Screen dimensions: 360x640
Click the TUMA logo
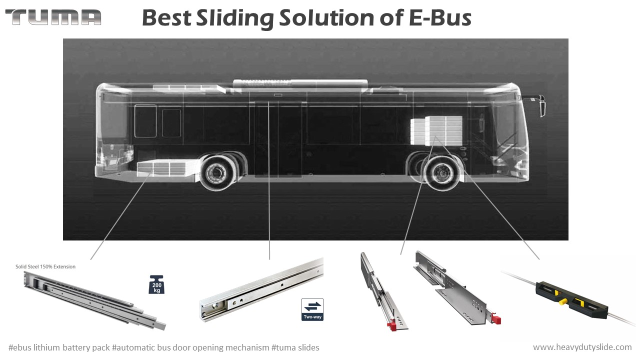[x=53, y=17]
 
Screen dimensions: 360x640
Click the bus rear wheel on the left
[x=218, y=172]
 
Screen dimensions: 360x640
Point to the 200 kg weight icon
[x=156, y=284]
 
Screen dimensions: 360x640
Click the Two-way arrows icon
[x=312, y=309]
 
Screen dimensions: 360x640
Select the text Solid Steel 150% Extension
[x=45, y=266]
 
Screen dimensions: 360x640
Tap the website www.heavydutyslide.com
[x=582, y=347]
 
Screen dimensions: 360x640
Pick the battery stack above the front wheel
[x=436, y=130]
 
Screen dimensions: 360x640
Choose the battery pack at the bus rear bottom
[x=167, y=168]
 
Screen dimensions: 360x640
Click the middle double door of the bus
[x=278, y=138]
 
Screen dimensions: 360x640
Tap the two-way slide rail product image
[x=260, y=289]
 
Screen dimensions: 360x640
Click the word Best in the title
[x=166, y=18]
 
